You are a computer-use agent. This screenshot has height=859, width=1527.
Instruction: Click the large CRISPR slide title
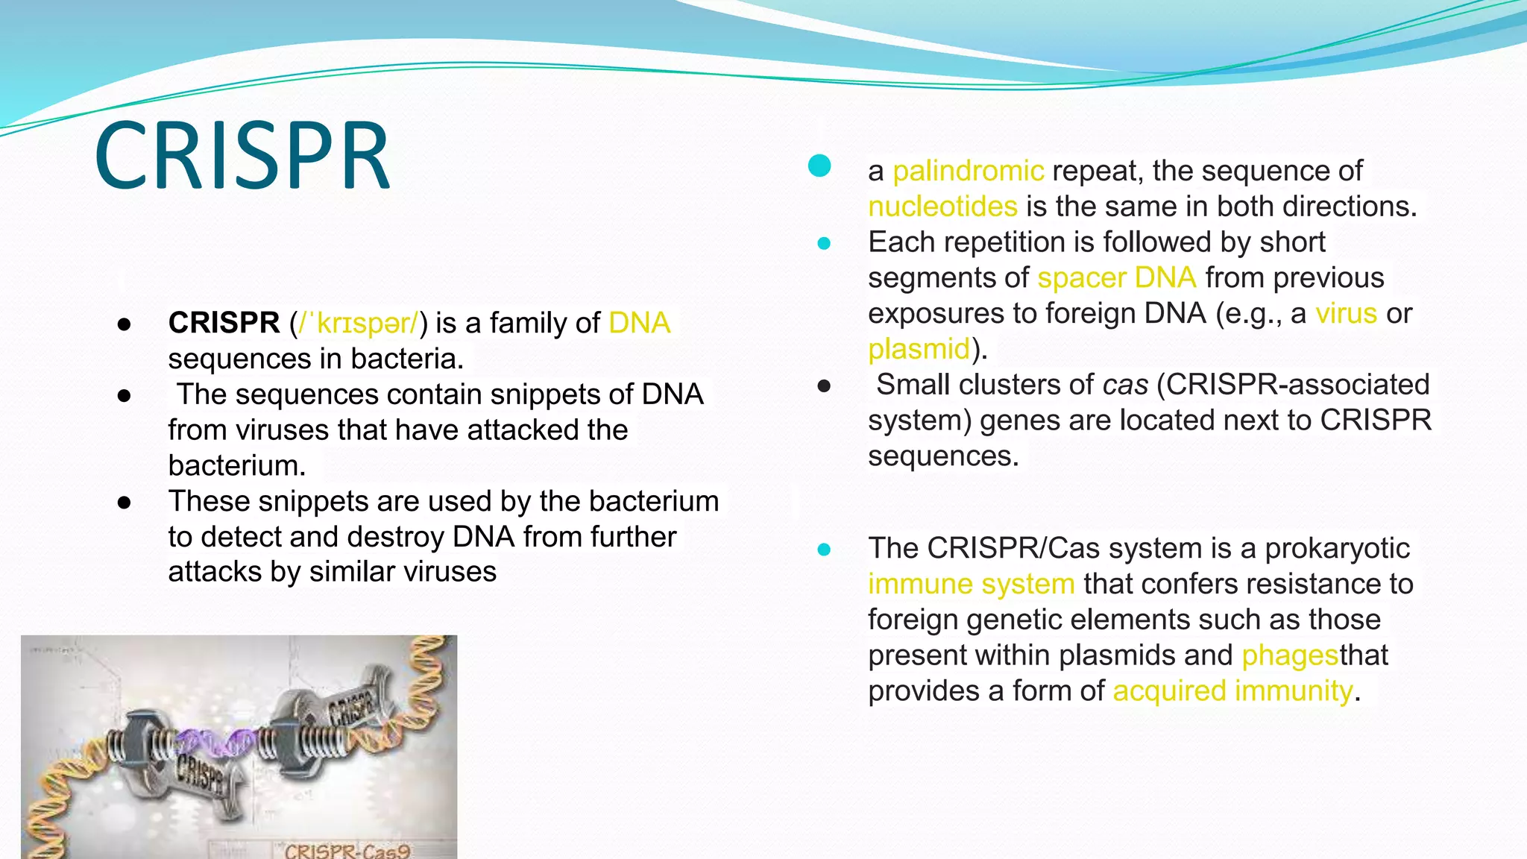[242, 157]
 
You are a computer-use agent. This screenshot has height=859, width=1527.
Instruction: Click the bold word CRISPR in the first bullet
[224, 323]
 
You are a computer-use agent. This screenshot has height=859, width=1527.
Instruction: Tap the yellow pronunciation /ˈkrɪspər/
[359, 323]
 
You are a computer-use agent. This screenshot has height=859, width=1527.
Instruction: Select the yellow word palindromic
[968, 171]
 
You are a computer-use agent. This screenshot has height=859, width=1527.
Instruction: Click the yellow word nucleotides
[942, 207]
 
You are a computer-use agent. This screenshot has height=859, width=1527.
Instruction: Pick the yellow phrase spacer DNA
[1116, 278]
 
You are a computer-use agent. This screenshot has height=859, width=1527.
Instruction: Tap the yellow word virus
[1346, 313]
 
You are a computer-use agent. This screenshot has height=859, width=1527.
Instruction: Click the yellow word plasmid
[919, 349]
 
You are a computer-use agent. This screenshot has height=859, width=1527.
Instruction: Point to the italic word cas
[1125, 385]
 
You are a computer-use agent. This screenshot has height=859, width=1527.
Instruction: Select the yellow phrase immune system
[971, 584]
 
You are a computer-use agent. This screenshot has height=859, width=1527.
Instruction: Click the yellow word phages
[1290, 655]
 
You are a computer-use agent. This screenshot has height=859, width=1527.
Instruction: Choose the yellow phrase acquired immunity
[1232, 691]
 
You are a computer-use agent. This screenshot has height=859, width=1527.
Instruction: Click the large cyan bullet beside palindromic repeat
[819, 166]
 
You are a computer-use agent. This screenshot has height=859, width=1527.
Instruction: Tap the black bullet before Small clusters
[824, 386]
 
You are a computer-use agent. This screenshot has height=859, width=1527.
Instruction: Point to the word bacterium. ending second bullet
[237, 466]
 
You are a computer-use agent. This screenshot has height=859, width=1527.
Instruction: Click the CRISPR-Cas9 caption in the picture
[347, 851]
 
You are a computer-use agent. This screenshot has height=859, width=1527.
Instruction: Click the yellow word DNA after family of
[639, 323]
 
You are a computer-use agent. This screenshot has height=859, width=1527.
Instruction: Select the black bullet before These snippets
[125, 503]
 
